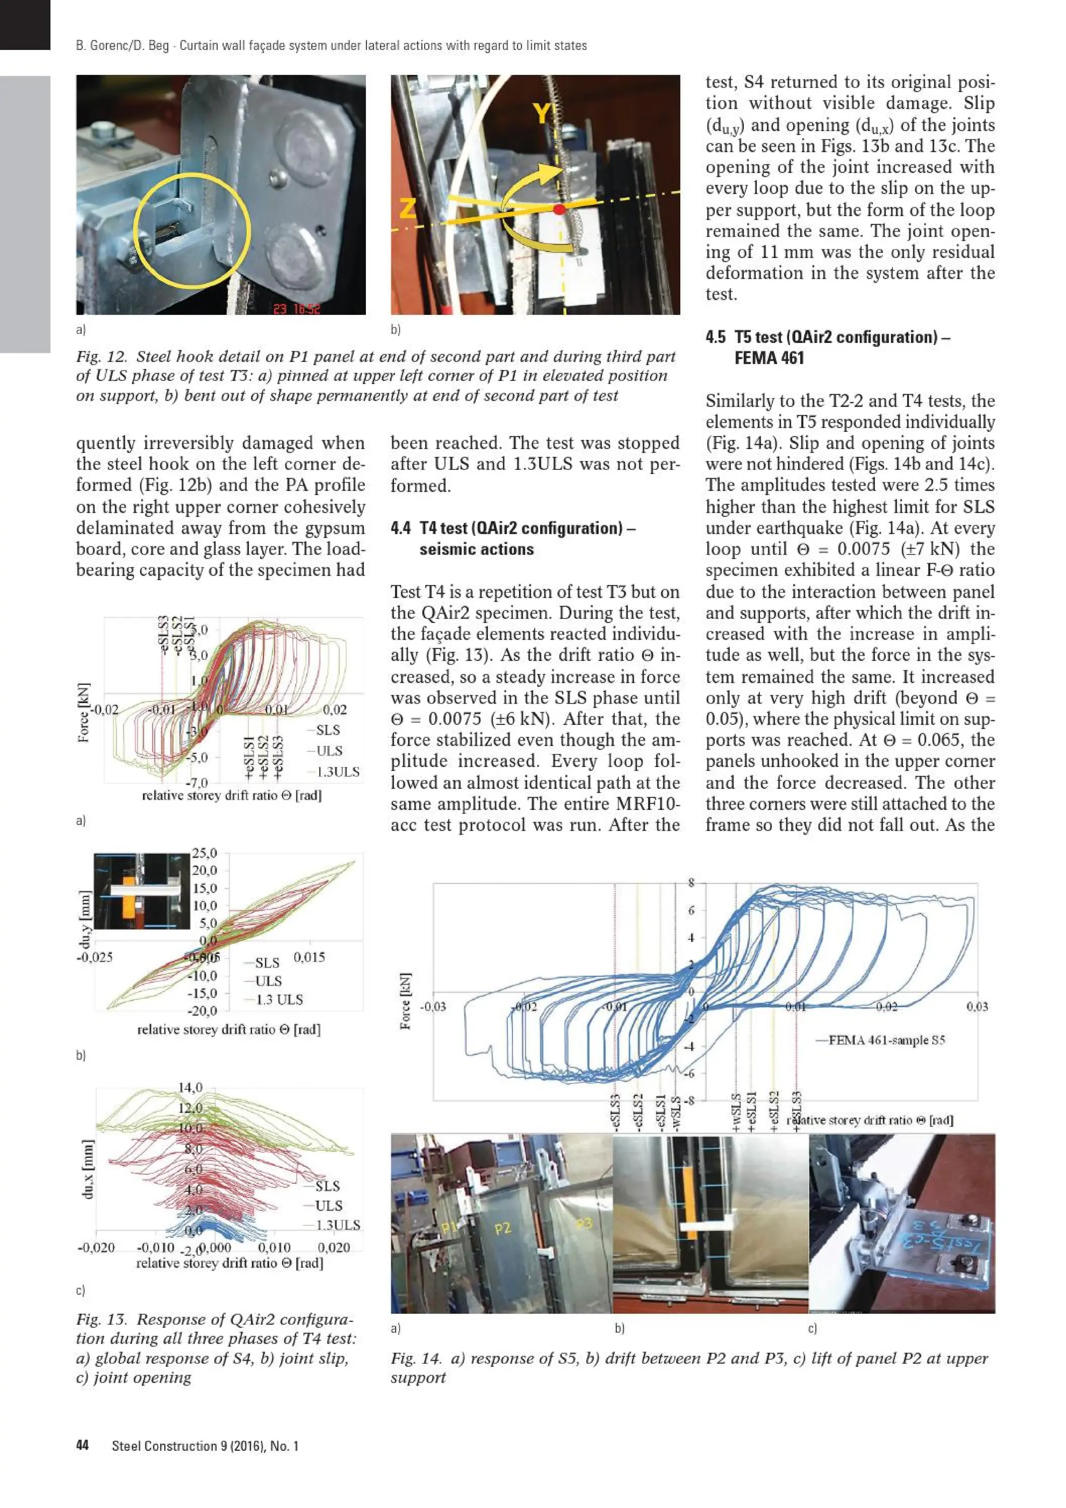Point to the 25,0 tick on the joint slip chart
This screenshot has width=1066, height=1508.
coord(204,853)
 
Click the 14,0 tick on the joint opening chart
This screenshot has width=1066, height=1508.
coord(191,1088)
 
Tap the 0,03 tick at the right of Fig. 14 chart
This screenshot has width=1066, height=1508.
coord(976,1007)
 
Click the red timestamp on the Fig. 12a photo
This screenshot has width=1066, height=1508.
coord(296,309)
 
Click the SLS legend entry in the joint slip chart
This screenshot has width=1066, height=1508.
coord(266,963)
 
